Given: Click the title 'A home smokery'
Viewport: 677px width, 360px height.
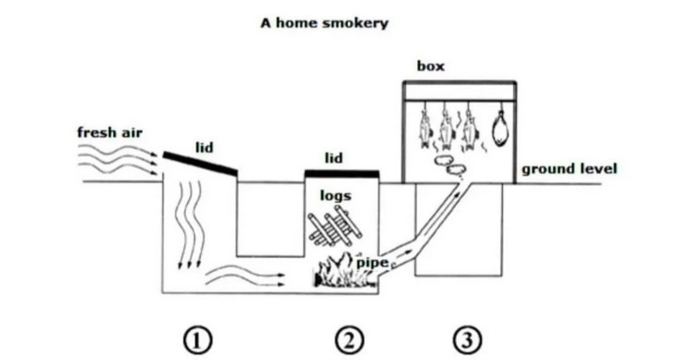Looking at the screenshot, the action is (324, 23).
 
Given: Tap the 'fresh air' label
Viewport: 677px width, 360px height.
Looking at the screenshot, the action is (110, 133).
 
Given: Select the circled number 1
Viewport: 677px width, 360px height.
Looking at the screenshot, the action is (198, 340).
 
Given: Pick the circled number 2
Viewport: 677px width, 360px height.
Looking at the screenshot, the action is (349, 340).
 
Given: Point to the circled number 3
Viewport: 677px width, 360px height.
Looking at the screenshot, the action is (467, 340).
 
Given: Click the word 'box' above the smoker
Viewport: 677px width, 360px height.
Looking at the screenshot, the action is (431, 66).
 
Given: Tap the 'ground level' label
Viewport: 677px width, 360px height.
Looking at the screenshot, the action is (570, 169).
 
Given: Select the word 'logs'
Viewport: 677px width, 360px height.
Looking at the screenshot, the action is (336, 196).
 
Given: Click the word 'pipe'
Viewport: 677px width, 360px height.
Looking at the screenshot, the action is (371, 262).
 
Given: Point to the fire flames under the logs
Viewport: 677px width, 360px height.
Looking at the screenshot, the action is (344, 271).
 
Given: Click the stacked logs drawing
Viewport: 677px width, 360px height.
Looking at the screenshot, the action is (335, 226).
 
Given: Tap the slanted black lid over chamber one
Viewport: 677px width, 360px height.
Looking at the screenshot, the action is (200, 164).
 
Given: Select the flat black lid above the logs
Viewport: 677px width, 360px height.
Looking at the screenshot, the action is (342, 174).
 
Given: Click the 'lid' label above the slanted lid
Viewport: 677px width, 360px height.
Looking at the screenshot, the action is (204, 148).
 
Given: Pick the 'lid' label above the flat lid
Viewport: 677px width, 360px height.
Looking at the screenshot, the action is (334, 158).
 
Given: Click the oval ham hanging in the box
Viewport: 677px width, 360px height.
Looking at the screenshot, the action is (500, 129).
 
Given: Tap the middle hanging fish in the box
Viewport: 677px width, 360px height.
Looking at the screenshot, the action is (446, 129).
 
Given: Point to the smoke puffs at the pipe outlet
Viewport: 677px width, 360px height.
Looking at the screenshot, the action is (449, 165).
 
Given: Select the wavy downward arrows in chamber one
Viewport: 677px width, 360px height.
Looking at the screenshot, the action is (189, 225).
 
